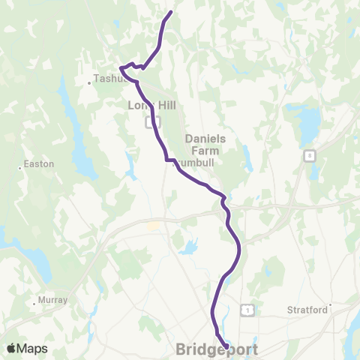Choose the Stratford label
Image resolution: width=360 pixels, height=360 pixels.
point(307,309)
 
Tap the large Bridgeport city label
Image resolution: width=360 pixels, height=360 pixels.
point(217,349)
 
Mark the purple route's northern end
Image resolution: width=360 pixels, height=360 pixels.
point(172,12)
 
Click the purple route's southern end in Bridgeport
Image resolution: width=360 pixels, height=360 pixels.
point(226,346)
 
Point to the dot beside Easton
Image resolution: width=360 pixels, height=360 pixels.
point(20,168)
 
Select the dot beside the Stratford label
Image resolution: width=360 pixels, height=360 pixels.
point(329,305)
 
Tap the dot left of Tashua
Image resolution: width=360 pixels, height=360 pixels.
point(90,82)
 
